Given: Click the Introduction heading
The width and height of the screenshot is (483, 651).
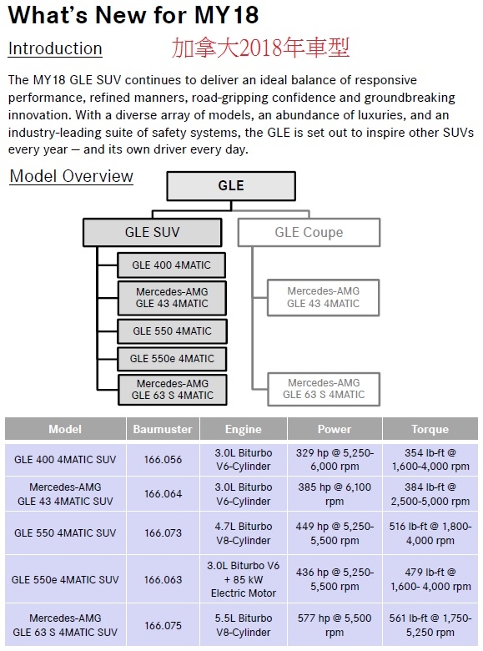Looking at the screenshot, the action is [55, 48].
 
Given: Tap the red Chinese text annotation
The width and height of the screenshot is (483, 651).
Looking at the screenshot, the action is [260, 48].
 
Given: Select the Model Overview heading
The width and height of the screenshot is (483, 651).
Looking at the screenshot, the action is [72, 176].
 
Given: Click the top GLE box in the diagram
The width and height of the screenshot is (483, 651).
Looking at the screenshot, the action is [231, 186].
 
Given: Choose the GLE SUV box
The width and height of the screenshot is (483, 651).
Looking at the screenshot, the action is [153, 232].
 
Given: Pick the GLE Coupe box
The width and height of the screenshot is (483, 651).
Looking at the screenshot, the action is [309, 232].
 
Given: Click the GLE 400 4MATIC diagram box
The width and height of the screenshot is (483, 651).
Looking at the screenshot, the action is [171, 265].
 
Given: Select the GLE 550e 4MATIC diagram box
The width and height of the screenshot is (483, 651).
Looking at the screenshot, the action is [172, 359].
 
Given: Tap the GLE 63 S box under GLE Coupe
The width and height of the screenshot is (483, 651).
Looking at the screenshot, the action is [324, 389].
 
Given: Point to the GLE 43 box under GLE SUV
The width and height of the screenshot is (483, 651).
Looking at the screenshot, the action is [172, 298].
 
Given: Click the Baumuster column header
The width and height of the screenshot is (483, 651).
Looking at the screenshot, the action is [163, 429].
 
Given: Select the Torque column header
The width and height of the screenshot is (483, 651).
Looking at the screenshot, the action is [430, 429].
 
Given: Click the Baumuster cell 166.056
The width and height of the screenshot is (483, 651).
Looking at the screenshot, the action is [163, 460].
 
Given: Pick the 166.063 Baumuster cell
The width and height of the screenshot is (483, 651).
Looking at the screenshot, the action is [163, 579].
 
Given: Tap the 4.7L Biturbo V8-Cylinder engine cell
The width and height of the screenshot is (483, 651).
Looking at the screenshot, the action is [243, 533].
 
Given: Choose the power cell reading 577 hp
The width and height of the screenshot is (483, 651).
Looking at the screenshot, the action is [335, 625].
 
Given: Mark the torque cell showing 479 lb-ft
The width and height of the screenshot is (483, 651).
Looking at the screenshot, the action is [430, 579].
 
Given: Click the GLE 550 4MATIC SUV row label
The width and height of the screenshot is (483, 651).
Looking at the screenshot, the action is [65, 533].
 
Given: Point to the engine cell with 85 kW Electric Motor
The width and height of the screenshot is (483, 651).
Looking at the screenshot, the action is [243, 579].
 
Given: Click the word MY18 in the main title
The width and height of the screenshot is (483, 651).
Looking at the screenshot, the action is [227, 15].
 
